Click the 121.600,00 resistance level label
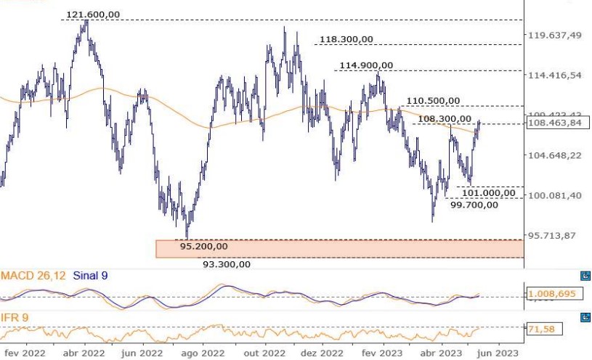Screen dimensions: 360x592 (x=93, y=15)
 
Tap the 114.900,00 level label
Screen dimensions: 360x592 (x=366, y=65)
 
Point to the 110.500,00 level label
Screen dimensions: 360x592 (x=433, y=101)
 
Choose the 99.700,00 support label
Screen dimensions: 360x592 (x=474, y=205)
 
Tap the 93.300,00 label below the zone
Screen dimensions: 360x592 (x=227, y=264)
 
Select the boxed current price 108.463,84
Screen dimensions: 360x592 (x=555, y=123)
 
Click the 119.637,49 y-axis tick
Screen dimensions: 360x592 (x=556, y=35)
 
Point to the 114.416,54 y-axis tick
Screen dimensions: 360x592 (x=556, y=75)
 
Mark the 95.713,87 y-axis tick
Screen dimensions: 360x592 (x=556, y=236)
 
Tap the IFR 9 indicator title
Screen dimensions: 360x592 (x=15, y=318)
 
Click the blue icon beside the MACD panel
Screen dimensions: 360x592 (x=585, y=276)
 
